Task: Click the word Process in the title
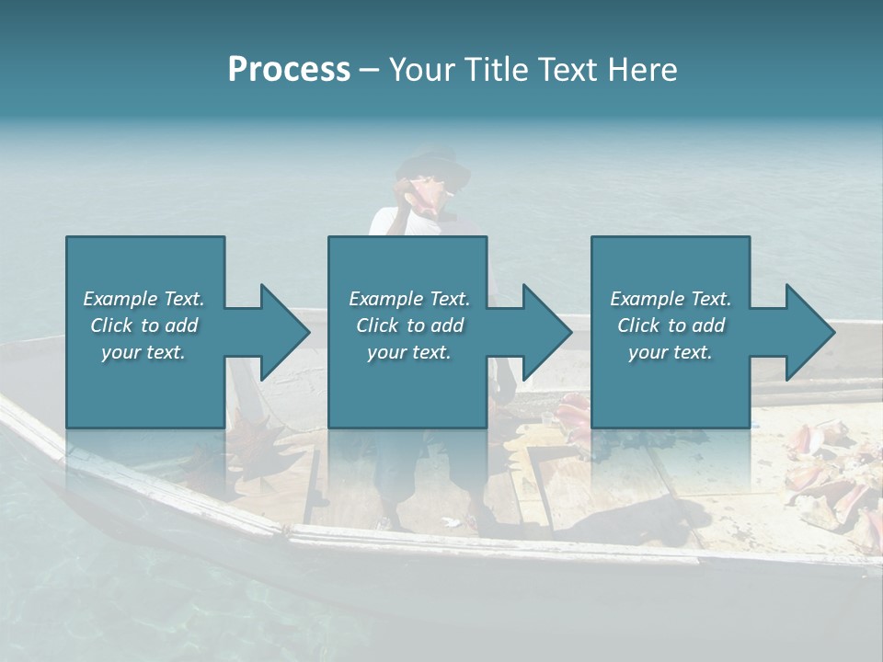pyautogui.click(x=289, y=70)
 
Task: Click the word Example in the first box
pyautogui.click(x=120, y=299)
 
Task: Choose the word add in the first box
pyautogui.click(x=182, y=325)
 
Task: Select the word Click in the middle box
pyautogui.click(x=376, y=325)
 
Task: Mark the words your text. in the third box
pyautogui.click(x=671, y=352)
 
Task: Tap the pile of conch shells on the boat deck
pyautogui.click(x=828, y=469)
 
